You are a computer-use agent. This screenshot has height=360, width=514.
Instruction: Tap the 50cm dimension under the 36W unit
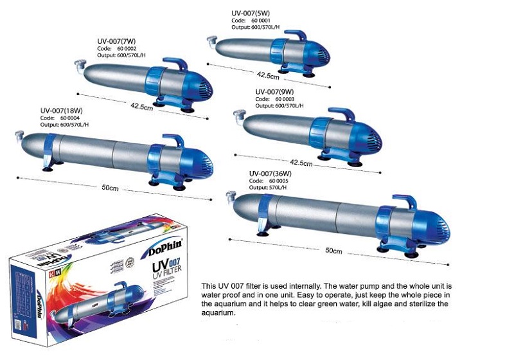click(x=333, y=249)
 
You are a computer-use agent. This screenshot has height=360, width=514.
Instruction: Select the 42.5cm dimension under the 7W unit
click(x=140, y=106)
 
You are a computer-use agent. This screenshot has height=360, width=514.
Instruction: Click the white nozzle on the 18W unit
click(x=18, y=135)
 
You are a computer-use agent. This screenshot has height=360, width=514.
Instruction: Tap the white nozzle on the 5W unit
click(x=210, y=42)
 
